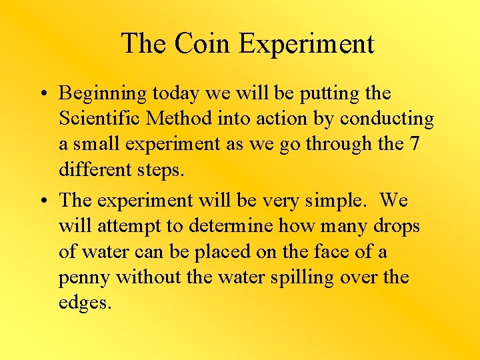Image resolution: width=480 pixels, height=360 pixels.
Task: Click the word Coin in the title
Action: tap(203, 44)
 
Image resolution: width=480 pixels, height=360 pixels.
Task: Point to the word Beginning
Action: tap(103, 94)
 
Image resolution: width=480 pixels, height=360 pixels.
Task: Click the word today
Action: tap(175, 94)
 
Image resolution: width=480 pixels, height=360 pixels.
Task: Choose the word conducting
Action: tap(387, 119)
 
